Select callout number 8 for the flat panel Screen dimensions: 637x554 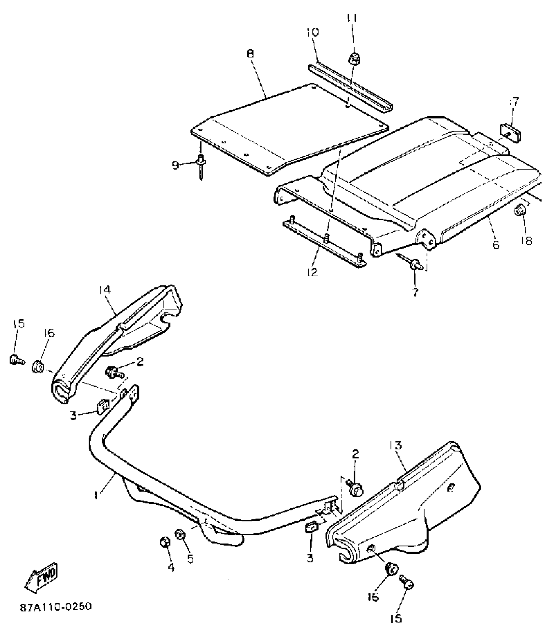[250, 54]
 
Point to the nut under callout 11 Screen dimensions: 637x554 [354, 59]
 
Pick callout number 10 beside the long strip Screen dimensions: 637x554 [313, 33]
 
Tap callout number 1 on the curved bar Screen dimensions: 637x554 [96, 495]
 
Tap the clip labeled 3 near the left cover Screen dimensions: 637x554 [100, 407]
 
